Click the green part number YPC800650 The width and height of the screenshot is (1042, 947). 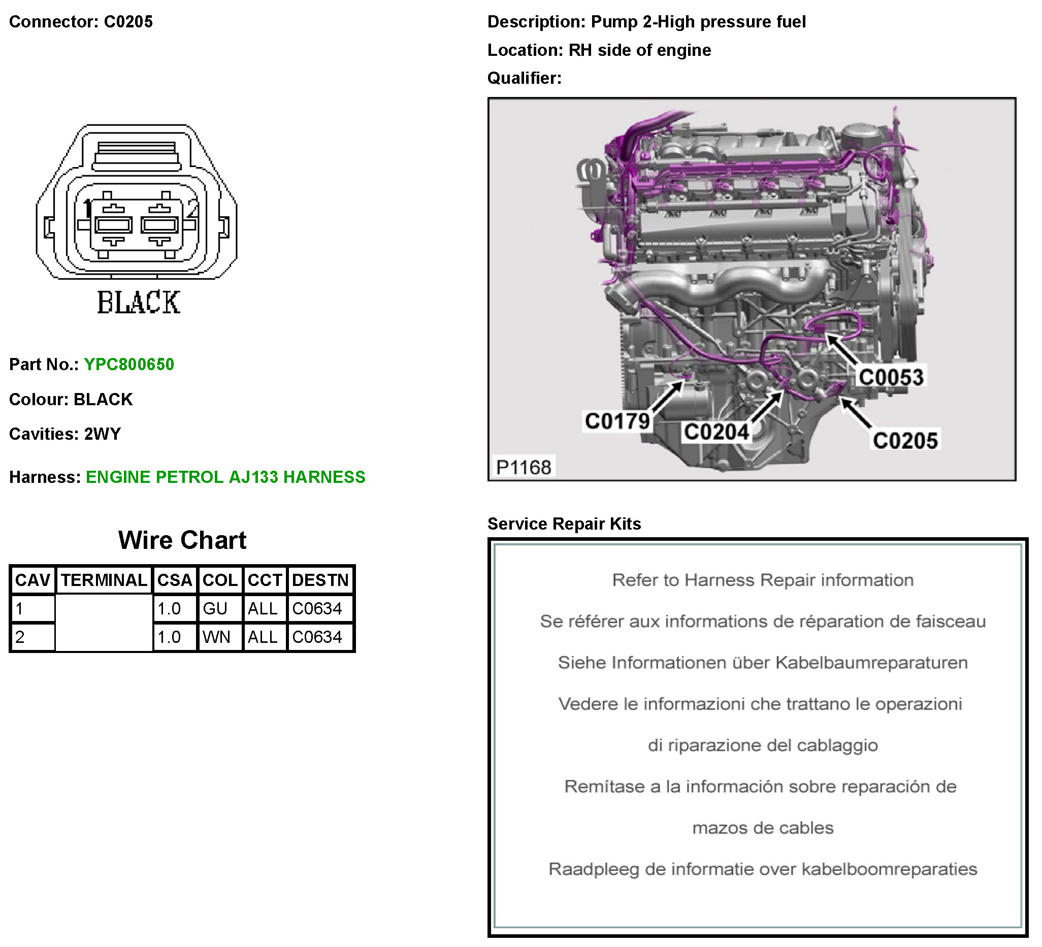point(128,365)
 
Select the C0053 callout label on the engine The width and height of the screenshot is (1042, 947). point(891,377)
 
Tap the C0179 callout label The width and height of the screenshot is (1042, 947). point(617,421)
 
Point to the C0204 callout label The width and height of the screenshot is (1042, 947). point(716,432)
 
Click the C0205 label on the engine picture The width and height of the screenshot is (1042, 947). point(905,440)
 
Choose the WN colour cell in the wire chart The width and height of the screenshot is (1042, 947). point(216,637)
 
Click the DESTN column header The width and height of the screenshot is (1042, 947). point(320,580)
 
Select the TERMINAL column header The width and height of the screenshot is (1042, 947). point(104,580)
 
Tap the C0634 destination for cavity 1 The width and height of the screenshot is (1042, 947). point(317,608)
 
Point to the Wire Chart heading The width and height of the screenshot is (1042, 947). point(182,540)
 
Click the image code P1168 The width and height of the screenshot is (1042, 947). point(523,467)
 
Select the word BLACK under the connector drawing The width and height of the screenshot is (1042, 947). point(139,303)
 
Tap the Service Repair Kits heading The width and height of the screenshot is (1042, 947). point(564,524)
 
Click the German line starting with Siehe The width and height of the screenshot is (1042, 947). point(762,663)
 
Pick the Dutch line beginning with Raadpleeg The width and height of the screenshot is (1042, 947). point(762,869)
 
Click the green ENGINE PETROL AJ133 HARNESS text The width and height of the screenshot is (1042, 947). point(225,477)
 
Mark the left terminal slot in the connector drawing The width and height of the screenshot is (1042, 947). point(113,225)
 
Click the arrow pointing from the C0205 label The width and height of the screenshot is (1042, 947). point(856,412)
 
